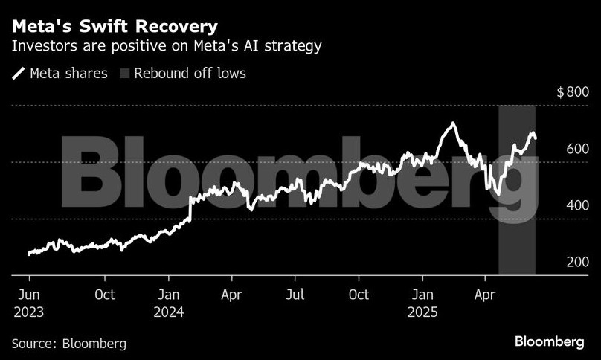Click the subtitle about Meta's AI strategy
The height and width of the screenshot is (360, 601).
[167, 47]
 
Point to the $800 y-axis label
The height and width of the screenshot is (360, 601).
[573, 92]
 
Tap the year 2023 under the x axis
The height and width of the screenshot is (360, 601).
[28, 312]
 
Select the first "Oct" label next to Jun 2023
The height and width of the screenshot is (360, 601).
[105, 294]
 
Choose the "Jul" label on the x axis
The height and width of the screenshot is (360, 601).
[295, 294]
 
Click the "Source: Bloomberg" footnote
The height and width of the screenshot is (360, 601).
[68, 344]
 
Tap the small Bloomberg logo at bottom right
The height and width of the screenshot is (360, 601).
[549, 341]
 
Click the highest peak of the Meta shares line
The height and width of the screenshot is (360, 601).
[451, 123]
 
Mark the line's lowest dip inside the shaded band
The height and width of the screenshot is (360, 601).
[498, 195]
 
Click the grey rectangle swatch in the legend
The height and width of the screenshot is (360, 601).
[124, 74]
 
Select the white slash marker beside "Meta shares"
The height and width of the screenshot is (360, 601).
[18, 74]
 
